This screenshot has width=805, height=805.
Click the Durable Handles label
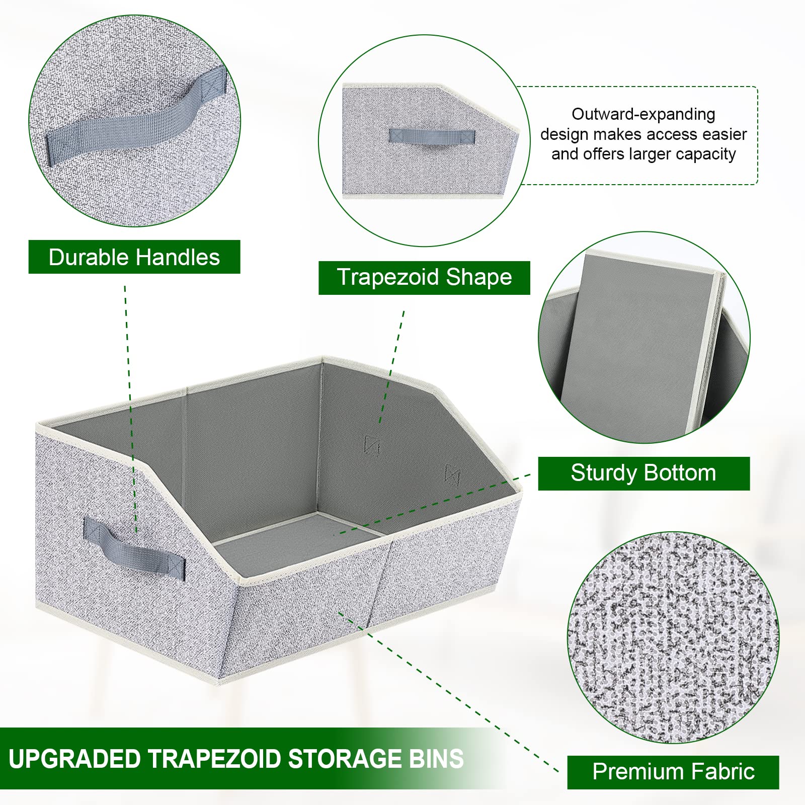coord(134,257)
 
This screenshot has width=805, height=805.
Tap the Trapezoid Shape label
coord(424,278)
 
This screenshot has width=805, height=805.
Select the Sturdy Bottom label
coord(643,473)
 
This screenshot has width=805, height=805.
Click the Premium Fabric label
coord(673,772)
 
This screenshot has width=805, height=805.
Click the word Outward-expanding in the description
coord(643,114)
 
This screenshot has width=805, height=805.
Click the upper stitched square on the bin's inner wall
coord(371,445)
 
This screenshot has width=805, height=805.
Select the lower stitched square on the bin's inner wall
coord(452,474)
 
